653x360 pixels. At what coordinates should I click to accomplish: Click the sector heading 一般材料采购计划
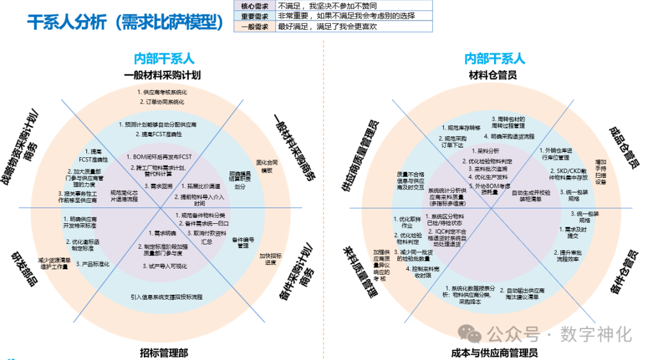(163, 75)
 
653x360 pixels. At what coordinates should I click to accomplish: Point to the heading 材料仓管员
(493, 75)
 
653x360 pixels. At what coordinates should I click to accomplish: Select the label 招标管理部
(164, 352)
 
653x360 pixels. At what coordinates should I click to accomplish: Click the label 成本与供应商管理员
(494, 352)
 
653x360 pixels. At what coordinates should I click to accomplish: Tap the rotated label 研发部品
(24, 270)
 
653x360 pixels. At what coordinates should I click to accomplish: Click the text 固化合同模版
(267, 166)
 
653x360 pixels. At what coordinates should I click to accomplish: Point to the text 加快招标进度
(271, 258)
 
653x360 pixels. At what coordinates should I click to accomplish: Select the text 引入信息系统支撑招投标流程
(166, 297)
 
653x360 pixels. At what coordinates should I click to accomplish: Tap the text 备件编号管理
(243, 243)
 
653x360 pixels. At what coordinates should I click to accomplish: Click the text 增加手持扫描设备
(600, 172)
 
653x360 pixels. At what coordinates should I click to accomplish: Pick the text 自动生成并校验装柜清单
(531, 195)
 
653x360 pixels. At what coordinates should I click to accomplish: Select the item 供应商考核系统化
(163, 92)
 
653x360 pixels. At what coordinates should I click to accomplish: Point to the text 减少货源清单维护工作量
(54, 263)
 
